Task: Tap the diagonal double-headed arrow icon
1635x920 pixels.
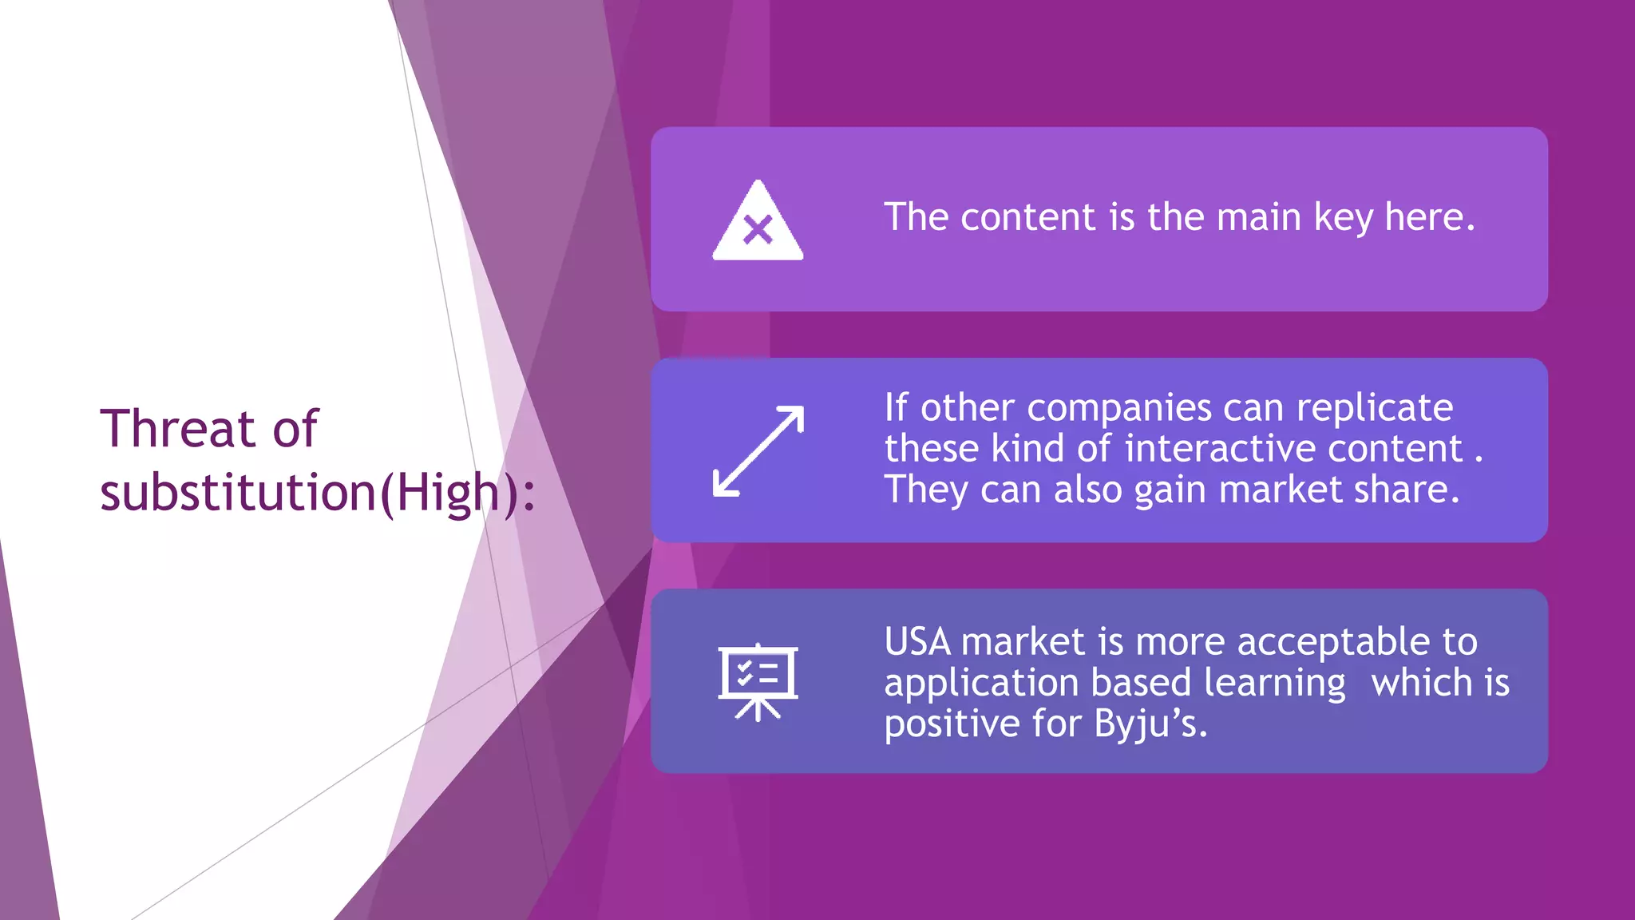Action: (x=758, y=451)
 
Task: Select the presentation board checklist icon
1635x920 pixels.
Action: (x=758, y=681)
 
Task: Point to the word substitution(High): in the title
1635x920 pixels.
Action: (x=318, y=493)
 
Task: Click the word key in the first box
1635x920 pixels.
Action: (x=1343, y=218)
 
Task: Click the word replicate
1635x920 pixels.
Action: (x=1374, y=408)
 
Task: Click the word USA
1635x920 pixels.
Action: (x=917, y=642)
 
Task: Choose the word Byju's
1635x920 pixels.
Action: (x=1150, y=724)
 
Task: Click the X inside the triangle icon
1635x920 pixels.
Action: (x=758, y=230)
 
